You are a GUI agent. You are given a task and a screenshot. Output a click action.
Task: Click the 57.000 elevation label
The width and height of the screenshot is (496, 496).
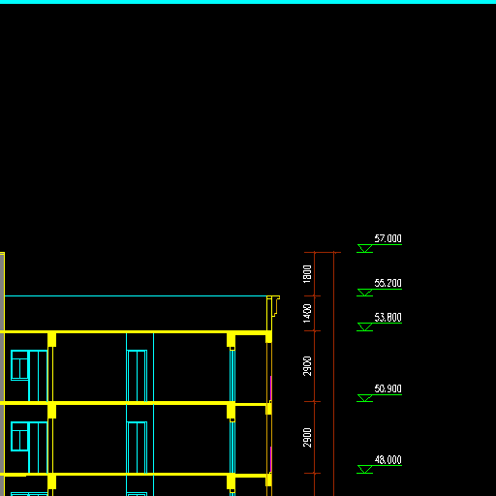[387, 238]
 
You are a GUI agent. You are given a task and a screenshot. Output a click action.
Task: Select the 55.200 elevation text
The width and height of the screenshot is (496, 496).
[387, 283]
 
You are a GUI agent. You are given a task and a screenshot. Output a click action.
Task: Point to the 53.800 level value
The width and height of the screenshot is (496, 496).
[387, 318]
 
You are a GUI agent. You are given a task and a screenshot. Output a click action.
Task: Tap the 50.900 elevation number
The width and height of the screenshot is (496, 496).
[387, 388]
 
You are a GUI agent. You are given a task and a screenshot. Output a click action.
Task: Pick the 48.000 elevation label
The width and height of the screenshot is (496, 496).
[387, 460]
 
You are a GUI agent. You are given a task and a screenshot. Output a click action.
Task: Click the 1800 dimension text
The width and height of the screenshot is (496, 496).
[307, 274]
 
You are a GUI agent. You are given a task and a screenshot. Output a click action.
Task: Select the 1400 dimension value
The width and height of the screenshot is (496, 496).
[307, 313]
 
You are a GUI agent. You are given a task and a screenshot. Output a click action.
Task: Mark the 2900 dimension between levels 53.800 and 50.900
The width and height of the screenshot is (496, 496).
[307, 366]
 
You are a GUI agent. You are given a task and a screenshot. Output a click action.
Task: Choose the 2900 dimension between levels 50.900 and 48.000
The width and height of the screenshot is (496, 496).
[307, 438]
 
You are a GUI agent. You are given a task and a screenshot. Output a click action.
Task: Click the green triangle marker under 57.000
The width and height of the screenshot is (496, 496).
[365, 248]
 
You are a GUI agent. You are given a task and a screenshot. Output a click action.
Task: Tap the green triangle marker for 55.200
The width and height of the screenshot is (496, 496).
[365, 293]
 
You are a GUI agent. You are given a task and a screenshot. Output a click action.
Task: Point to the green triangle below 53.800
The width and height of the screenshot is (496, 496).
[365, 326]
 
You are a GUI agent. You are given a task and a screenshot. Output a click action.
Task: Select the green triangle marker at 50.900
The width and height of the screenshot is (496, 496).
[365, 398]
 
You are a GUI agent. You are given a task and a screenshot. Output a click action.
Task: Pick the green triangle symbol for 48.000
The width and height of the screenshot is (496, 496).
[365, 469]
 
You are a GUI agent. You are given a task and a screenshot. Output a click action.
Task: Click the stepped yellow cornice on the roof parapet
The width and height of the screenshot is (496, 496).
[275, 306]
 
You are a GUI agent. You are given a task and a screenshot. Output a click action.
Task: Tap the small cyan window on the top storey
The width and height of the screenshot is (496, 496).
[19, 365]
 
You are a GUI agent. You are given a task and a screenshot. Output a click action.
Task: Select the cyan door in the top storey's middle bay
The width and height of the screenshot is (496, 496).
[137, 376]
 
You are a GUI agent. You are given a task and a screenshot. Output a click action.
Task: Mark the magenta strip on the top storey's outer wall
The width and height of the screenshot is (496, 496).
[270, 388]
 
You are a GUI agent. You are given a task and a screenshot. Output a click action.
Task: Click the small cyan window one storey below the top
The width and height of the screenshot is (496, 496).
[19, 436]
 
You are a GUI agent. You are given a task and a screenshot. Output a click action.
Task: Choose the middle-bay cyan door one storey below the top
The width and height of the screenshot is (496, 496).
[137, 448]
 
